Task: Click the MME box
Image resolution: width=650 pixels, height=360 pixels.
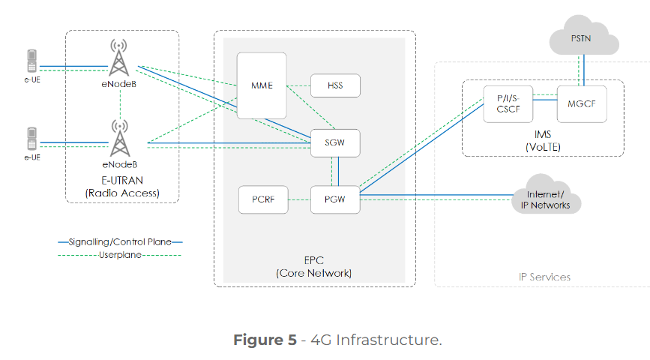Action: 262,85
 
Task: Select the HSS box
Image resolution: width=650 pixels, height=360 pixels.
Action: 335,85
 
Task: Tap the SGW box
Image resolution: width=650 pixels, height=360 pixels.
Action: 335,142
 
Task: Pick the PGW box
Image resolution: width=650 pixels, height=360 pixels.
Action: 335,199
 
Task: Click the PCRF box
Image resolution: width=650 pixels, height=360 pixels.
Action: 262,199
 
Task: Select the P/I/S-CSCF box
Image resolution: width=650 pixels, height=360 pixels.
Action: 504,103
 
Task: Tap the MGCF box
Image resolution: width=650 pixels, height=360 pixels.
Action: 581,103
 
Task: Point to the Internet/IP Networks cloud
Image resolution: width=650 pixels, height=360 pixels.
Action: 545,199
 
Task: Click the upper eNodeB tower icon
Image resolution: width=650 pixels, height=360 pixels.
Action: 118,58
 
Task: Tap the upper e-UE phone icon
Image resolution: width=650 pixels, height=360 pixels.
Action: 31,60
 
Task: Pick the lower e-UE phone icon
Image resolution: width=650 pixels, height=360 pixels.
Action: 31,139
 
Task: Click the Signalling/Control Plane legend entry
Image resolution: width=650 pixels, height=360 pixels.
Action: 120,242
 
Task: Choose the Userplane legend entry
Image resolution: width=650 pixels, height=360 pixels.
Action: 120,255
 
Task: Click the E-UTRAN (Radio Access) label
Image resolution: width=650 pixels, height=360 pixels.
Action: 122,187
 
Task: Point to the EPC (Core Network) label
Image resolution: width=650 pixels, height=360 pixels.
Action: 314,266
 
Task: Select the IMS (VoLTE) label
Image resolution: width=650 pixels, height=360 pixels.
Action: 542,141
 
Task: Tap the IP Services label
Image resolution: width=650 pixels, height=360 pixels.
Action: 544,277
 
